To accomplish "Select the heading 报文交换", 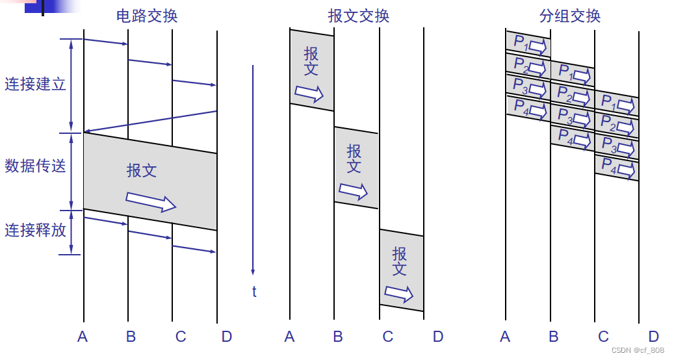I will point(359,16).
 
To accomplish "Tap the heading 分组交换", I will point(570,16).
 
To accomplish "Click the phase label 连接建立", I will point(35,84).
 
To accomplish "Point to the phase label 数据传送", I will point(35,166).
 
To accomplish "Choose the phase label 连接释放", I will point(35,230).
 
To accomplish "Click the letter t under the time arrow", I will point(254,292).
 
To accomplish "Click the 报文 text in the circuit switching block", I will point(142,171).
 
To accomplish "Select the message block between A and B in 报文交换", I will point(312,70).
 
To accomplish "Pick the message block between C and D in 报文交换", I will point(402,270).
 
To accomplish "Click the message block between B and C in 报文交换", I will point(356,168).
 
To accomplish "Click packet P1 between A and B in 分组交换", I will point(528,44).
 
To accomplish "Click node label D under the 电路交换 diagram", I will point(226,337).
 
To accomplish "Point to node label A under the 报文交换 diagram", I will point(290,337).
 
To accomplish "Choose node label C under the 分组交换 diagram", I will point(603,337).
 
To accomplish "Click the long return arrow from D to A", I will point(150,122).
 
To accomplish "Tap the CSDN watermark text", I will point(637,350).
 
